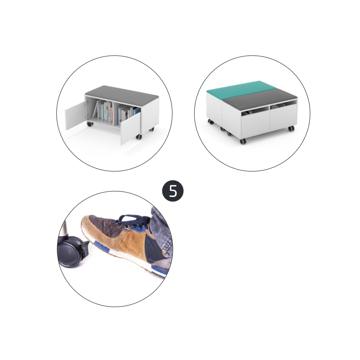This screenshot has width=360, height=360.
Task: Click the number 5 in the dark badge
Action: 173,191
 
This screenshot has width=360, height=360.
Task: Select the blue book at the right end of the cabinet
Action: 137,112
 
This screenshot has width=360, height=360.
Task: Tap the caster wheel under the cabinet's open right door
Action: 139,137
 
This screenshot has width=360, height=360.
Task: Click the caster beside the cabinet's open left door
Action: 90,124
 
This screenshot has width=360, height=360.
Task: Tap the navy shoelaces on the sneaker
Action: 133,221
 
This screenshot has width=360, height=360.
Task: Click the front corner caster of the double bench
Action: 243,141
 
